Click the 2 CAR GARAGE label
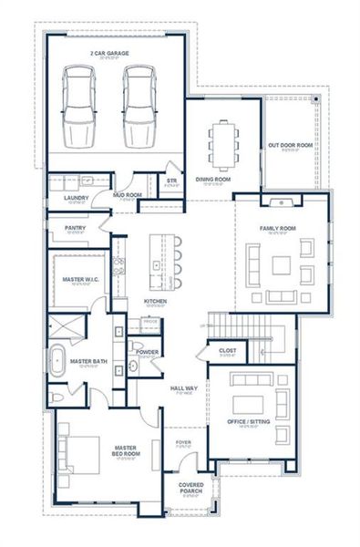point(108,54)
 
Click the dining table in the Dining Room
point(223,143)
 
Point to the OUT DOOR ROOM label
point(291,145)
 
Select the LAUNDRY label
point(76,197)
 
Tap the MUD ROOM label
point(127,194)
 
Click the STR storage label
point(170,181)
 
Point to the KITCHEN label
point(155,302)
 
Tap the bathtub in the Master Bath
point(57,361)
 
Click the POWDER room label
point(147,351)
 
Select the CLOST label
point(228,349)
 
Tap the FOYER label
point(184,442)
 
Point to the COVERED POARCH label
point(190,487)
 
